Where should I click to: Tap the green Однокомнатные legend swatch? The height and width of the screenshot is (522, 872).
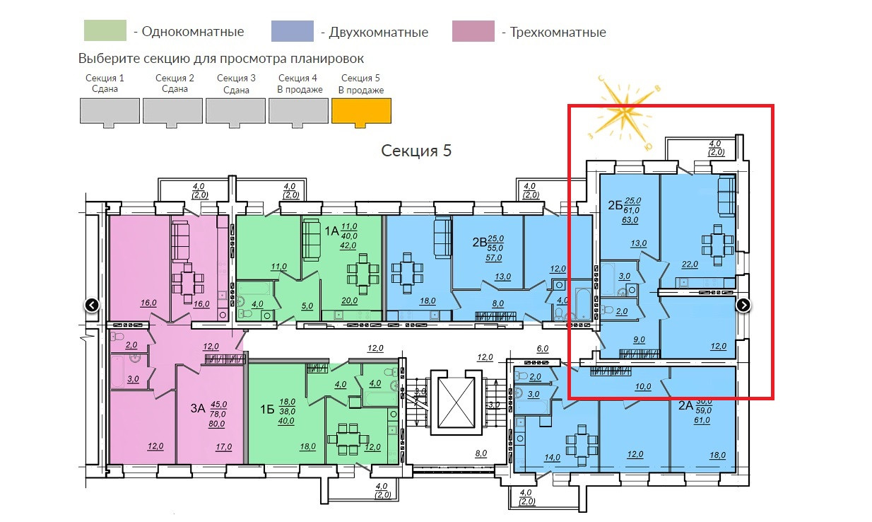click(105, 32)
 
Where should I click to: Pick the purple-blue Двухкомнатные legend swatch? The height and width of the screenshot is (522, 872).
click(292, 32)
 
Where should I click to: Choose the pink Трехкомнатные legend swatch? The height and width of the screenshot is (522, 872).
click(473, 32)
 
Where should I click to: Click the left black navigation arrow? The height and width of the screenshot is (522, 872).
click(92, 306)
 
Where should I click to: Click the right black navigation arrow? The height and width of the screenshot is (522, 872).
click(743, 305)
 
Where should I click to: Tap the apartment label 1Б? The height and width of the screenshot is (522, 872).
click(266, 408)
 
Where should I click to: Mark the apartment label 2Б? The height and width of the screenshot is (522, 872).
click(615, 206)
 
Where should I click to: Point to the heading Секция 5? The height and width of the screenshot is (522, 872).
click(416, 151)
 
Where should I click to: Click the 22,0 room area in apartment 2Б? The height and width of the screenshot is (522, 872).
click(690, 264)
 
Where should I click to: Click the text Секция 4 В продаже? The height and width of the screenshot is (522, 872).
click(300, 83)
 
